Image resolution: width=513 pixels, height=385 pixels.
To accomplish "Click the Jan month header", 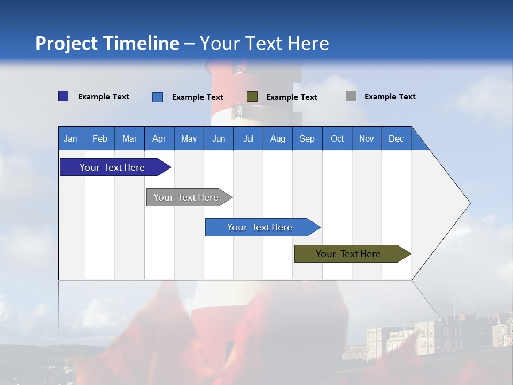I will [x=71, y=138].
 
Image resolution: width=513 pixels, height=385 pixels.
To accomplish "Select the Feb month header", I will [x=100, y=138].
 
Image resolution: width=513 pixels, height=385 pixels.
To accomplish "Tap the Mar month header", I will [x=129, y=138].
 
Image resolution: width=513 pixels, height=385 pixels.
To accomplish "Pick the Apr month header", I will [x=159, y=138].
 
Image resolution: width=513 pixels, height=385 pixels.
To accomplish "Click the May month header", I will [x=189, y=138].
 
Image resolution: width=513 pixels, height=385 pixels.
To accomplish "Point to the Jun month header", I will [x=219, y=138].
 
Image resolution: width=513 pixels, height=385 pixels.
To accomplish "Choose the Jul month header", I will [x=248, y=138].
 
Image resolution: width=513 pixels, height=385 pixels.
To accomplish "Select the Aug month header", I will [x=278, y=138].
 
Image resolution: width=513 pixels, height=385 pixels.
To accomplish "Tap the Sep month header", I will [x=307, y=138].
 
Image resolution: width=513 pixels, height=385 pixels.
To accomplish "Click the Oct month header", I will [x=337, y=138].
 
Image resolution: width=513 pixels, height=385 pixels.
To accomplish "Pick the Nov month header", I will [x=367, y=138].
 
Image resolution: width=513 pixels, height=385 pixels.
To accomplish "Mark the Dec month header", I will [x=397, y=138].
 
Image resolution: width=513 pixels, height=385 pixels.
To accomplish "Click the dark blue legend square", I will [x=64, y=96].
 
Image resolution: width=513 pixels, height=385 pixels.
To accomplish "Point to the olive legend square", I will [x=252, y=96].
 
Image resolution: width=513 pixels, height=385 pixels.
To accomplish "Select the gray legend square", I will [x=351, y=96].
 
